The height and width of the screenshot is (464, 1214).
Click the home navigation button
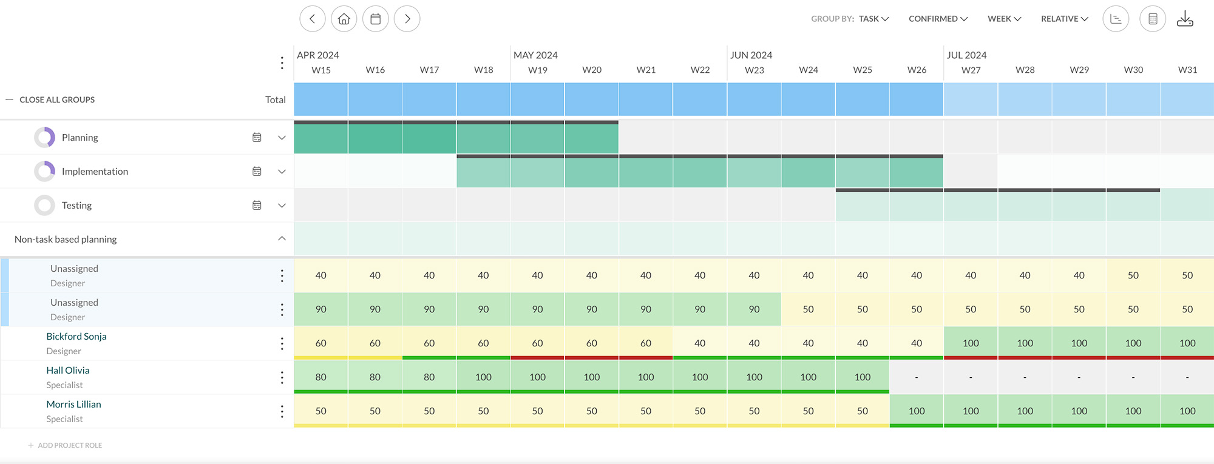344,19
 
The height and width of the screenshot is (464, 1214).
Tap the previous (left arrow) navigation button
312,19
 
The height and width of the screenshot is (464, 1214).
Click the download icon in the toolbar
1184,19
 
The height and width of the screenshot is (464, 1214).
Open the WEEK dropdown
1004,19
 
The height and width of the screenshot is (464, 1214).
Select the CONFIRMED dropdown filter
938,19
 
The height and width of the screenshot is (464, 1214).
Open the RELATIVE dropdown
1064,19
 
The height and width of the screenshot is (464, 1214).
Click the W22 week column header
700,70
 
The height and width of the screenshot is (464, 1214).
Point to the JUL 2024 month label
966,55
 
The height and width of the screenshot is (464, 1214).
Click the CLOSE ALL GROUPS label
57,99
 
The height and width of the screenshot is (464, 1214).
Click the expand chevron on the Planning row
282,138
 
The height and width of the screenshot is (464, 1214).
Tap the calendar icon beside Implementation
257,172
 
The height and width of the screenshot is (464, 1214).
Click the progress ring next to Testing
44,206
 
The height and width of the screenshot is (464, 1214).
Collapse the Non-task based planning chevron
282,238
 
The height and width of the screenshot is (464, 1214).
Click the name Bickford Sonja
76,337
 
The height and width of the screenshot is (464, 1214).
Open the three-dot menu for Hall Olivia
282,377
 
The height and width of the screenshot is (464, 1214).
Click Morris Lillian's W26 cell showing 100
916,411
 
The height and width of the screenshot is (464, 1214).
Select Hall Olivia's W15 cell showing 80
320,377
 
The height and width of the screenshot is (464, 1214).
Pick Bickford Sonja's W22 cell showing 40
700,343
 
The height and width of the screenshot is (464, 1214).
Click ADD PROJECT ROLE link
69,445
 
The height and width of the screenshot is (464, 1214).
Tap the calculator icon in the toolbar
1152,19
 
